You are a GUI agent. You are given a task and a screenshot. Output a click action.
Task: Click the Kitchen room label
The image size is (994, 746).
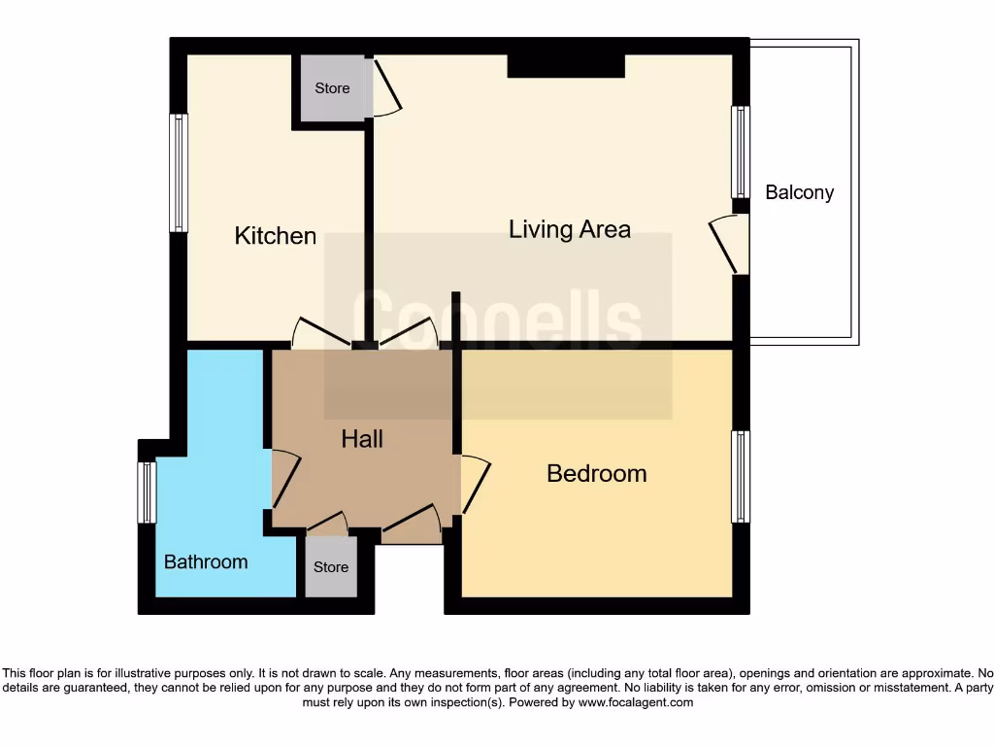click(276, 236)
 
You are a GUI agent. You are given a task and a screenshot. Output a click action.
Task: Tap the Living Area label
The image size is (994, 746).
click(570, 229)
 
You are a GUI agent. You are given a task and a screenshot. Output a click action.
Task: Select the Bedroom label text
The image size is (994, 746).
click(596, 473)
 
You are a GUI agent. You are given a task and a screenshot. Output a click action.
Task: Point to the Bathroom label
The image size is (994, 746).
click(206, 561)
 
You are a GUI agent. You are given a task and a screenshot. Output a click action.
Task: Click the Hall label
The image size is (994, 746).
click(362, 439)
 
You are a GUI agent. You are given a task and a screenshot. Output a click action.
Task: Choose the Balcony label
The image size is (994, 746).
click(799, 192)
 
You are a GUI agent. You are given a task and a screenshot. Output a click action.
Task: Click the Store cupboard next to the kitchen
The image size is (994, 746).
click(332, 88)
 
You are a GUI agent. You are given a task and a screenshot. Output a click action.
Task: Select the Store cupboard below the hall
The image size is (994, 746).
click(331, 567)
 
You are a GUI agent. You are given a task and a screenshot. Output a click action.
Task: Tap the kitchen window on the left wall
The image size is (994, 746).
click(179, 173)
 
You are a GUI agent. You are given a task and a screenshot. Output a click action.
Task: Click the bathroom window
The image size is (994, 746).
click(147, 492)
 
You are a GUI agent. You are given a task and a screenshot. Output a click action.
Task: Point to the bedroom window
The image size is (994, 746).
click(741, 476)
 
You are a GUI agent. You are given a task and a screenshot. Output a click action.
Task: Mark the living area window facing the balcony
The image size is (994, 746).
click(741, 152)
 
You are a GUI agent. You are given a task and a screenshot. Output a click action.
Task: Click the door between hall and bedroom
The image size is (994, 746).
click(475, 484)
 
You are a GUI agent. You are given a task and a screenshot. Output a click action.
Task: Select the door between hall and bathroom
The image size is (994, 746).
click(283, 479)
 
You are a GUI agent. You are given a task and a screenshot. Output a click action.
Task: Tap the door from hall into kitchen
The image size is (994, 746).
click(320, 332)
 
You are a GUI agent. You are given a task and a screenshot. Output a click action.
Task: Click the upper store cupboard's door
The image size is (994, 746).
click(387, 89)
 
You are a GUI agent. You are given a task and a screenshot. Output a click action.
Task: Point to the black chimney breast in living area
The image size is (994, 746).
click(566, 66)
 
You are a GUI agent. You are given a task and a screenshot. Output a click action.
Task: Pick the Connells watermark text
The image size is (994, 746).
click(497, 321)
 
